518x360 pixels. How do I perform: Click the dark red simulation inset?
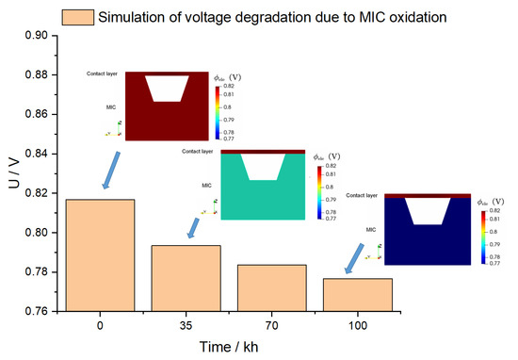pyautogui.click(x=166, y=106)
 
